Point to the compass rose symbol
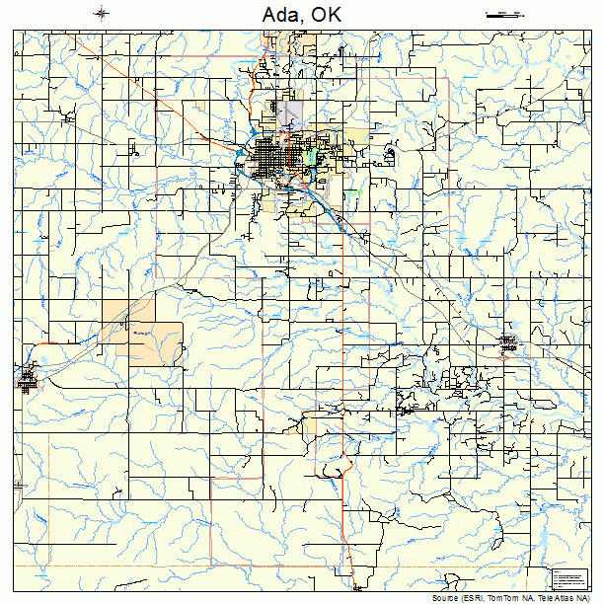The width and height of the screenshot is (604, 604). coord(103,14)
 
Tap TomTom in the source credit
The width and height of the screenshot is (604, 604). coord(509,598)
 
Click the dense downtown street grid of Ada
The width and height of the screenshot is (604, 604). coord(270,158)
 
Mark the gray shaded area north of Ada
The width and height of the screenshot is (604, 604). coord(288,113)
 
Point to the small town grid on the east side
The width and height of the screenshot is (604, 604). coord(508,342)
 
